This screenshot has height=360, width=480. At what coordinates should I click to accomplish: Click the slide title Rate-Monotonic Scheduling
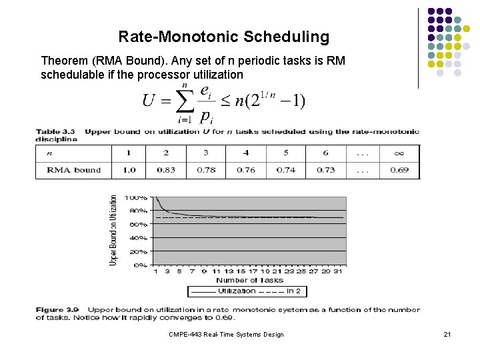tap(223, 37)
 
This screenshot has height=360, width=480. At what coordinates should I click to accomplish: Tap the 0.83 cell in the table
tap(166, 170)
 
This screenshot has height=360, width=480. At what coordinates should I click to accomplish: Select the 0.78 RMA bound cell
tap(206, 170)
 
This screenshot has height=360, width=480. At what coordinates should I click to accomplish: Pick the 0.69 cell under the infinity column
tap(399, 170)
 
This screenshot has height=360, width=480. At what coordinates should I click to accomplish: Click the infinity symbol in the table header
tap(399, 153)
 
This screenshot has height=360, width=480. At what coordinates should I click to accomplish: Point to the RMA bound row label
tap(74, 170)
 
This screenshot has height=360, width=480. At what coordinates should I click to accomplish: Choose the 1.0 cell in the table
tap(129, 170)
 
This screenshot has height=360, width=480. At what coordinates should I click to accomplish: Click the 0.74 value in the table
tap(286, 170)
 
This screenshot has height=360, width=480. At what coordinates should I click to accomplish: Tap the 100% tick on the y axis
tap(137, 198)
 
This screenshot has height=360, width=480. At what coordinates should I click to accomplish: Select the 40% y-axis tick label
tap(138, 238)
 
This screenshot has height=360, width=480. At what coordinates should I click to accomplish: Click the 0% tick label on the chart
tap(140, 265)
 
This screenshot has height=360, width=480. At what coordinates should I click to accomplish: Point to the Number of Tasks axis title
tap(249, 280)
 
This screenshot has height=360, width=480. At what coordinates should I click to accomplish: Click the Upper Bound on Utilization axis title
tap(113, 231)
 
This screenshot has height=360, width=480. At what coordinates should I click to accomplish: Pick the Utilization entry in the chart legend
tap(228, 291)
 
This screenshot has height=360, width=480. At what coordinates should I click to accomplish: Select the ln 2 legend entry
tap(294, 291)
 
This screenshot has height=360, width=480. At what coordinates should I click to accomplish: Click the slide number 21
tap(447, 334)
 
